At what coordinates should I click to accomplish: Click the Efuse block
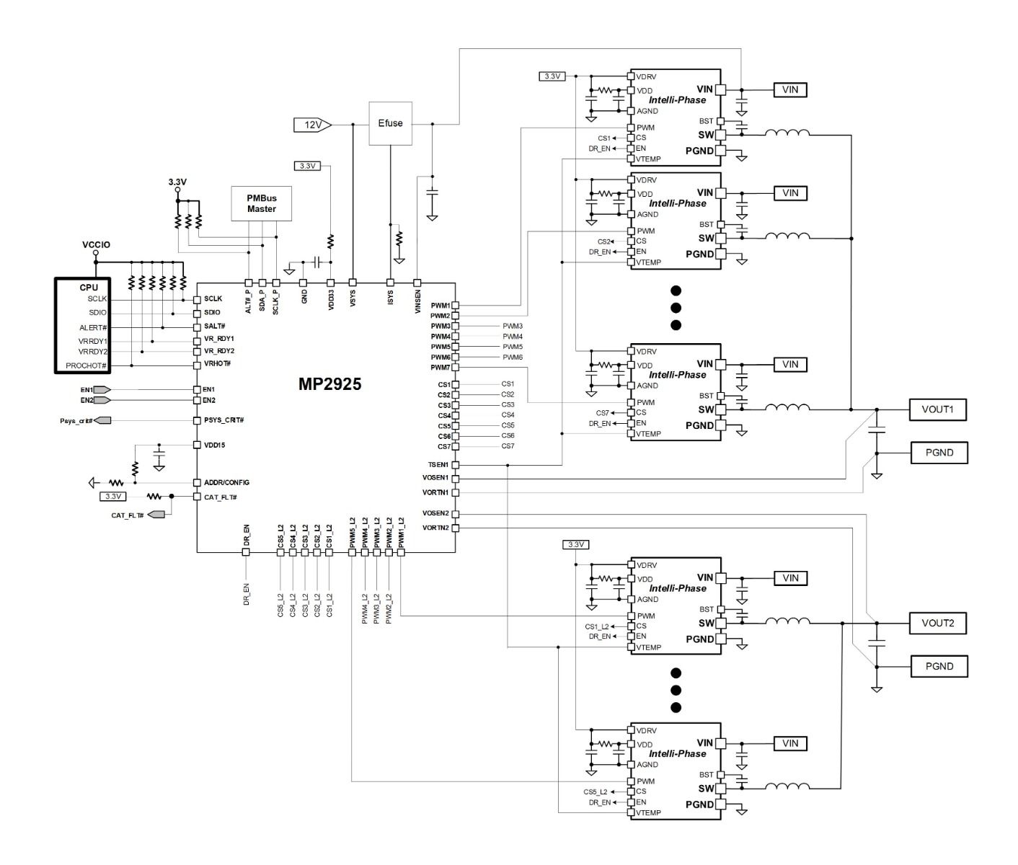[x=390, y=123]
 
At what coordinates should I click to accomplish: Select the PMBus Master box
[x=262, y=203]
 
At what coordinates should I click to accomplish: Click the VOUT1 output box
[x=938, y=409]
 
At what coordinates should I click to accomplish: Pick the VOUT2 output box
[x=938, y=624]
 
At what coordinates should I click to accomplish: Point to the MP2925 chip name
[x=329, y=384]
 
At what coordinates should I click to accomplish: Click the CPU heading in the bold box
[x=89, y=288]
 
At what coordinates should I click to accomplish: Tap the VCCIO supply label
[x=96, y=244]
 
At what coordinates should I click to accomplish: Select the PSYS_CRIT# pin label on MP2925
[x=224, y=420]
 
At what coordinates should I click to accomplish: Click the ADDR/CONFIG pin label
[x=226, y=482]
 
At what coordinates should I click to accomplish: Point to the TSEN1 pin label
[x=438, y=465]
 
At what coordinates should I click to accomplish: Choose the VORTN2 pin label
[x=436, y=528]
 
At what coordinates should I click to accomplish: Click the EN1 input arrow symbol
[x=102, y=390]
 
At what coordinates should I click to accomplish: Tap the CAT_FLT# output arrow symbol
[x=156, y=515]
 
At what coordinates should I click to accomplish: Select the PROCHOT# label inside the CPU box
[x=87, y=365]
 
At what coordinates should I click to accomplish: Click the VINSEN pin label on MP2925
[x=417, y=301]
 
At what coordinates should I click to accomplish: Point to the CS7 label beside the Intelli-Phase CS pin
[x=602, y=413]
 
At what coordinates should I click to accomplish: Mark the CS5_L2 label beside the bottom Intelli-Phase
[x=596, y=792]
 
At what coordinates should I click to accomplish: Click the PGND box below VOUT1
[x=939, y=453]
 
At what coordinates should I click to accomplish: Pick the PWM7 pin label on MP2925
[x=441, y=368]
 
